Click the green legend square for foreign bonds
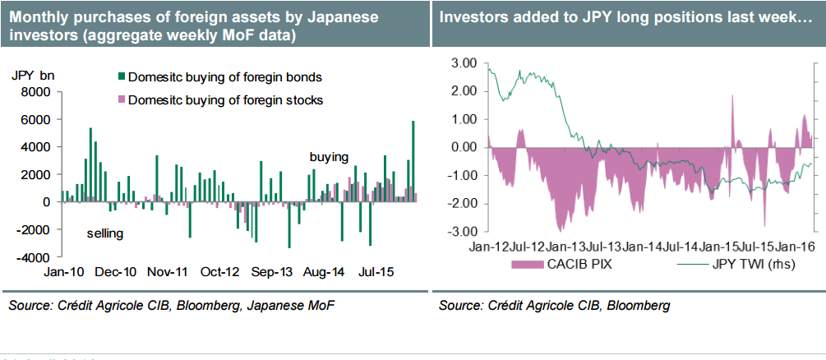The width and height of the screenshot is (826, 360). point(122,77)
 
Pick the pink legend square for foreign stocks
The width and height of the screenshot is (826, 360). point(122,100)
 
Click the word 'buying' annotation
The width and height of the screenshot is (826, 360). point(329,156)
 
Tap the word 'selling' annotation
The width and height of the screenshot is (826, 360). point(104,233)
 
